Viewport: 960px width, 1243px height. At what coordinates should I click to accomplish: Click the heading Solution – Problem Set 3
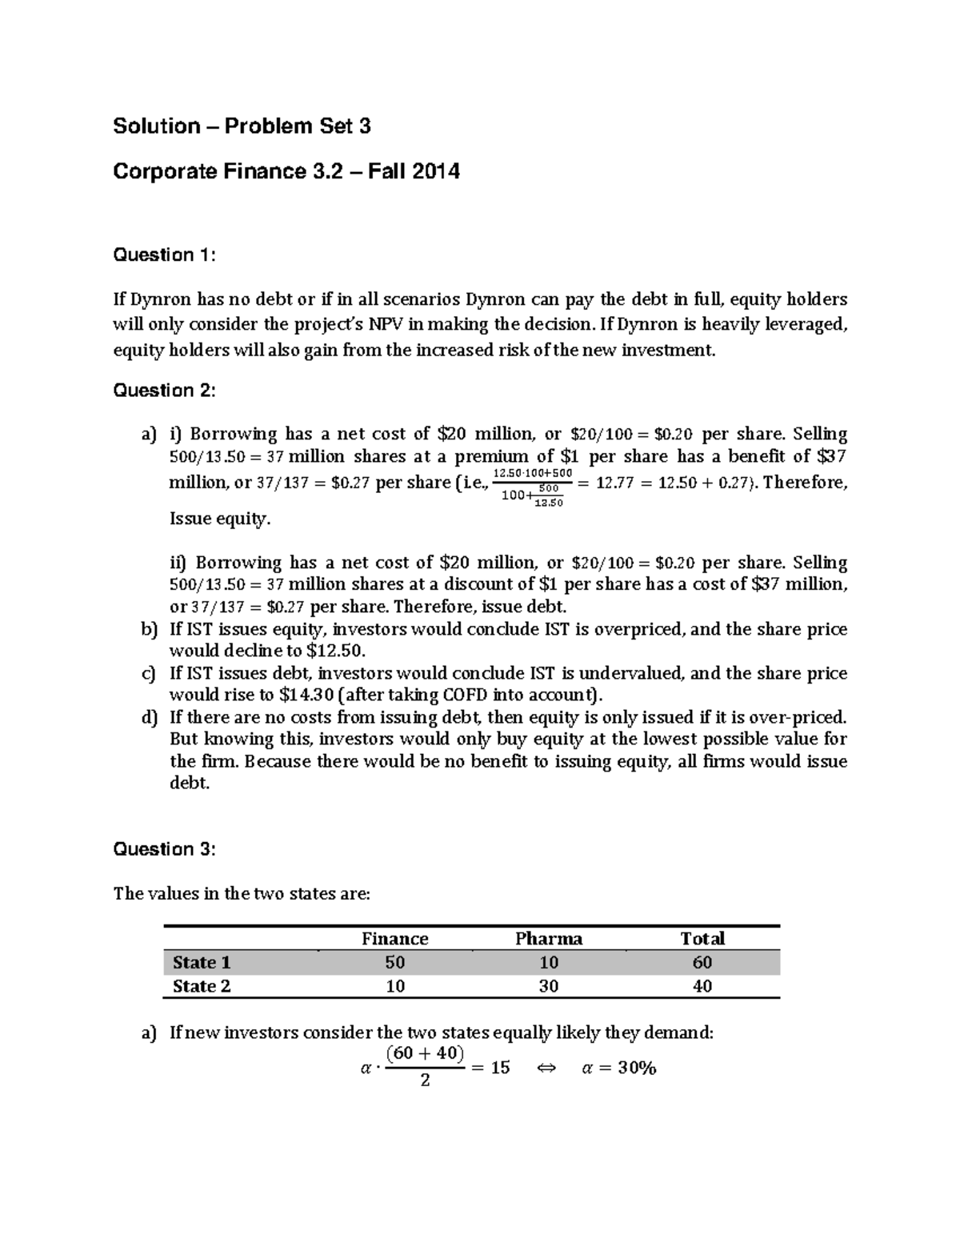(x=242, y=126)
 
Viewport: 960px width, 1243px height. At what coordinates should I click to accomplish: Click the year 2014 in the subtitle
(x=437, y=171)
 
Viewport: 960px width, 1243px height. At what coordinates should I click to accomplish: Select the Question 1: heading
(x=164, y=255)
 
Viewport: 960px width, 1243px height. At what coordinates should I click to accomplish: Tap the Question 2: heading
(x=164, y=391)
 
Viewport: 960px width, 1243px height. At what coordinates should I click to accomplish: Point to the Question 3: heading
(x=164, y=849)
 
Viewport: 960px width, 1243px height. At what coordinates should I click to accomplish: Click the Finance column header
(x=394, y=939)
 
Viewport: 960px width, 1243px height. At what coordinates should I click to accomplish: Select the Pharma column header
(x=548, y=939)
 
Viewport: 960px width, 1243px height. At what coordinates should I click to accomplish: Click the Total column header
(x=702, y=939)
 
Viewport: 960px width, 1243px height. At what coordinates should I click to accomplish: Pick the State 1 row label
(x=202, y=962)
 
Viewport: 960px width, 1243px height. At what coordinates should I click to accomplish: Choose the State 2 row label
(x=202, y=986)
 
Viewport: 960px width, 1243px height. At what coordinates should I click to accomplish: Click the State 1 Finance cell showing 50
(x=394, y=962)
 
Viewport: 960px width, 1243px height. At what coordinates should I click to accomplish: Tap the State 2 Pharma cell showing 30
(x=548, y=986)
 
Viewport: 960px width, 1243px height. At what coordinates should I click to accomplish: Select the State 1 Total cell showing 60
(x=702, y=962)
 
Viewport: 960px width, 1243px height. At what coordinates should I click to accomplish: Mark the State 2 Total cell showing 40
(x=702, y=986)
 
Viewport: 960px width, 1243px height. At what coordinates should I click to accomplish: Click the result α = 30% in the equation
(x=618, y=1068)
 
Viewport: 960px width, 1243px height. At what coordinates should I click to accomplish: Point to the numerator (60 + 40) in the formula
(x=425, y=1053)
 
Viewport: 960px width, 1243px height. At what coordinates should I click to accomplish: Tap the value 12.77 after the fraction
(x=617, y=483)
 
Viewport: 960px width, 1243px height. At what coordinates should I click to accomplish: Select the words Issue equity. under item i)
(x=220, y=519)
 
